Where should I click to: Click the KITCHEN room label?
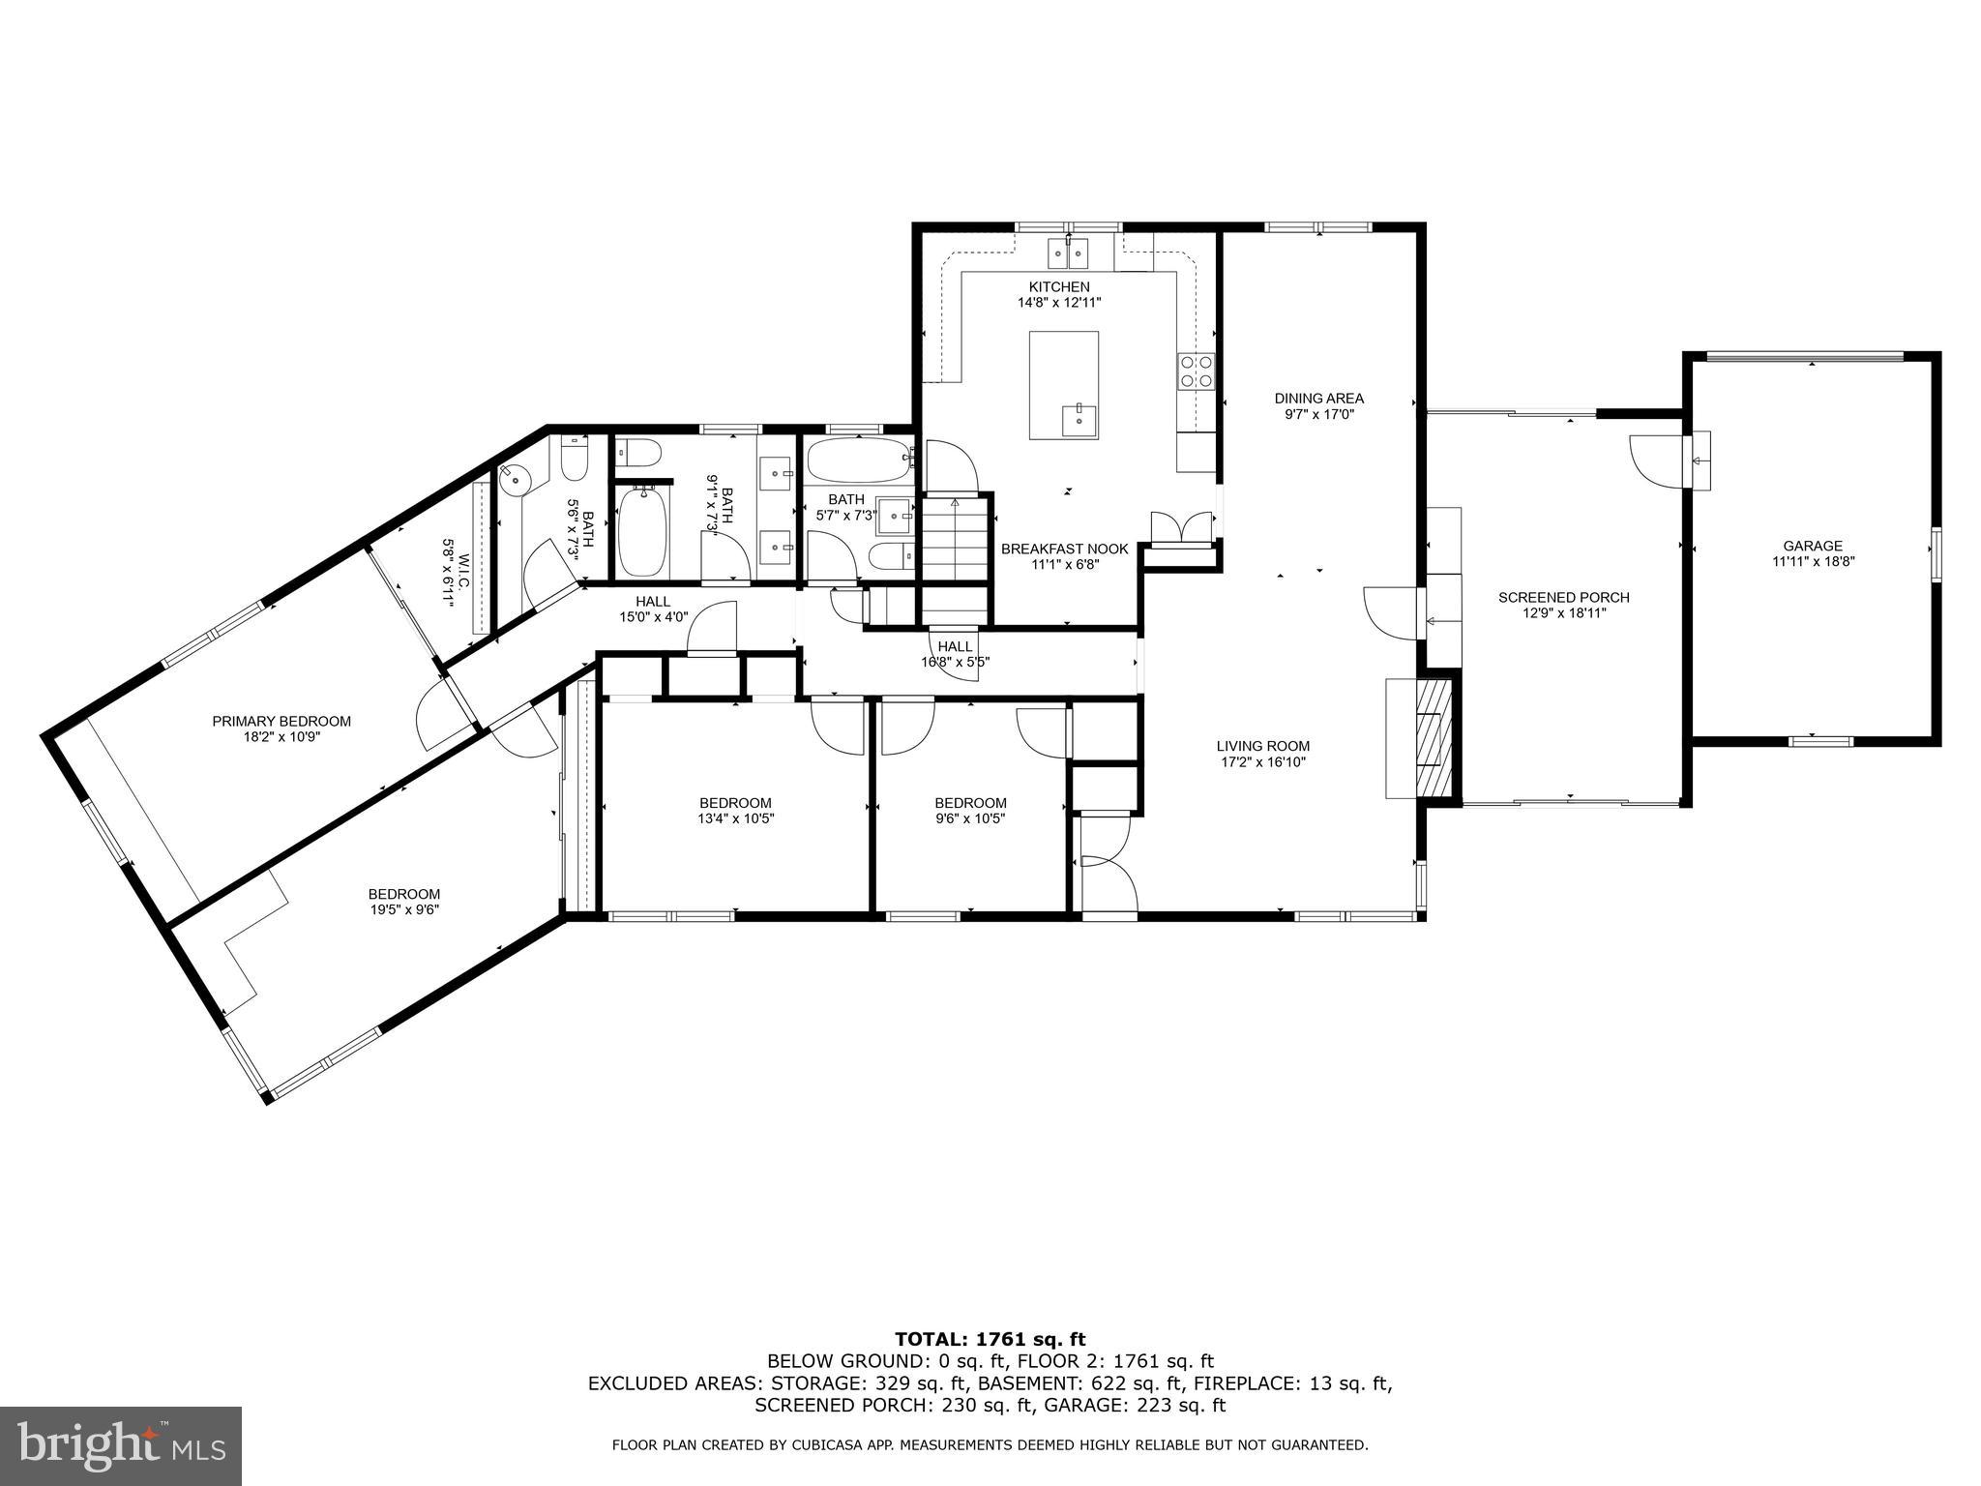pyautogui.click(x=1059, y=287)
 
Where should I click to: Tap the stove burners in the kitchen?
pyautogui.click(x=1196, y=371)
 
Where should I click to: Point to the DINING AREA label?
pyautogui.click(x=1318, y=399)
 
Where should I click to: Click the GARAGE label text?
pyautogui.click(x=1813, y=546)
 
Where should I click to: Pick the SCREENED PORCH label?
pyautogui.click(x=1564, y=598)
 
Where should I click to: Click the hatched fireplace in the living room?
pyautogui.click(x=1434, y=737)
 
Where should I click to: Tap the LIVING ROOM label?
pyautogui.click(x=1263, y=746)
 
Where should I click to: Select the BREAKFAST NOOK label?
pyautogui.click(x=1064, y=550)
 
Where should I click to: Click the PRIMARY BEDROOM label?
pyautogui.click(x=281, y=722)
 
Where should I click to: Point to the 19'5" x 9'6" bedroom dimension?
pyautogui.click(x=403, y=909)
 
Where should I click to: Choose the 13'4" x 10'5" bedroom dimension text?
pyautogui.click(x=736, y=818)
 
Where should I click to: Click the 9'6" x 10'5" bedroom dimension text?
pyautogui.click(x=970, y=818)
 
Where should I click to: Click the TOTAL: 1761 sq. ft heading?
pyautogui.click(x=990, y=1339)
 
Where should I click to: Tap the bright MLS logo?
pyautogui.click(x=121, y=1445)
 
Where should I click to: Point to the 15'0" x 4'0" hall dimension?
pyautogui.click(x=653, y=616)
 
